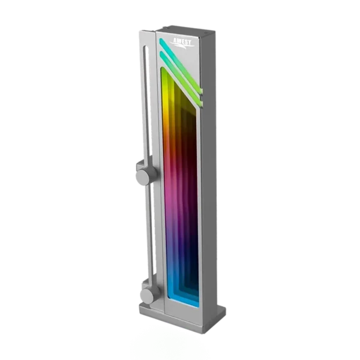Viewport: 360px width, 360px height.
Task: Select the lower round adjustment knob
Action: click(146, 295)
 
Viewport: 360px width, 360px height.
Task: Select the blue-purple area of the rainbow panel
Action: click(174, 252)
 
